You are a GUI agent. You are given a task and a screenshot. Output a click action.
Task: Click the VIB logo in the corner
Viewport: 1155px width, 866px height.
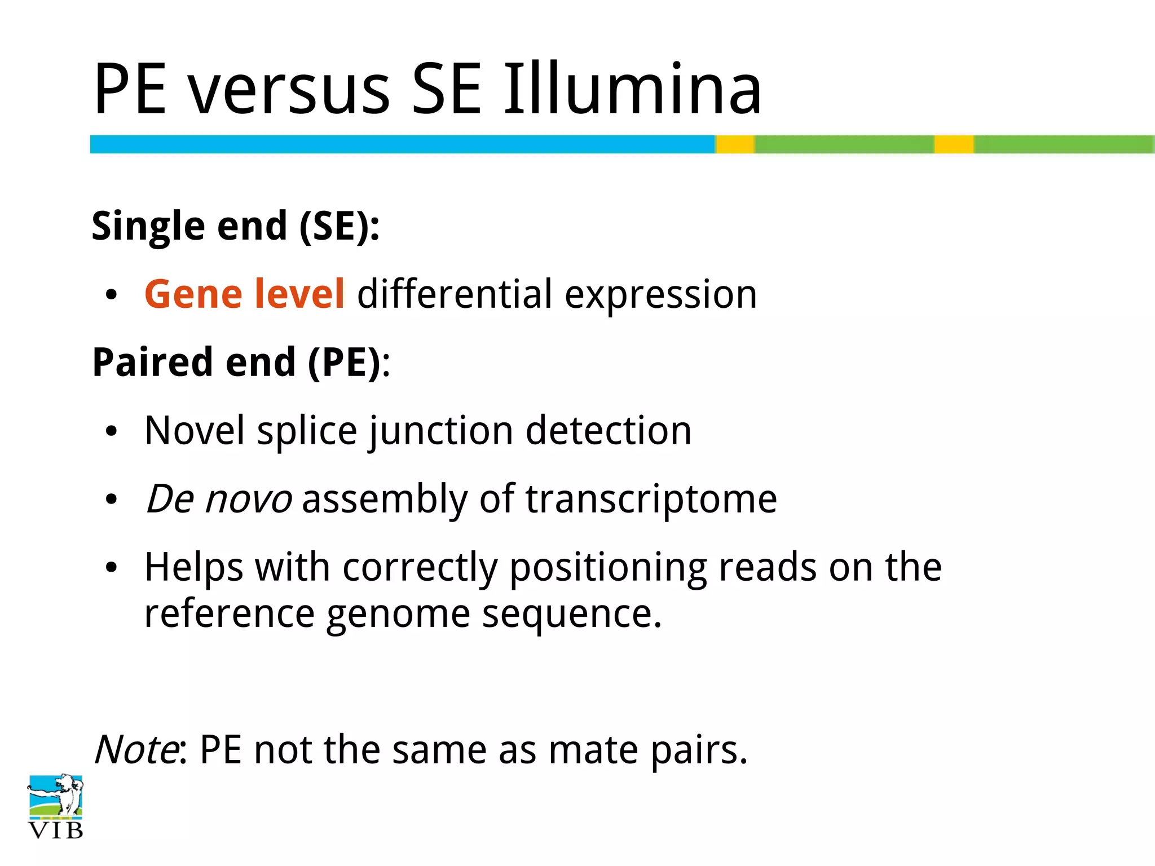pos(55,806)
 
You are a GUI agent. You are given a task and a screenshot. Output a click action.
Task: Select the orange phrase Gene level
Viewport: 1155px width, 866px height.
pos(244,294)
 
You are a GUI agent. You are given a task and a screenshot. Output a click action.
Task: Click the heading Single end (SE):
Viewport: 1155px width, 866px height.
pos(236,226)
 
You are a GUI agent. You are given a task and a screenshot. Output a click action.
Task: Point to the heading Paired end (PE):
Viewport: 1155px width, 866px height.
pos(241,363)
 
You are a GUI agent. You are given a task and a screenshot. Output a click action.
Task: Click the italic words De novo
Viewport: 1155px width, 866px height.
pos(219,500)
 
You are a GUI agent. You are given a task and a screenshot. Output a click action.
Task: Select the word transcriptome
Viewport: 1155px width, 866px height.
pos(651,500)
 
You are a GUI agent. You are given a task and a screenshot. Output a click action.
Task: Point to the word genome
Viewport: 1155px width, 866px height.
pos(398,613)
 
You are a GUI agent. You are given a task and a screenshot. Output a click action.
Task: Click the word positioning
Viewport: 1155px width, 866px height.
pos(607,567)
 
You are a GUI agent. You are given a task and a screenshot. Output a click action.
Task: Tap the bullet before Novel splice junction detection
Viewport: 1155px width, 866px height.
pos(111,432)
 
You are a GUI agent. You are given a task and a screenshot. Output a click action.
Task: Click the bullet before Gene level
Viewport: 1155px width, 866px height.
pos(111,295)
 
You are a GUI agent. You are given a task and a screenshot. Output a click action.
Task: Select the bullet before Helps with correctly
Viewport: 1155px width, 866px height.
pos(111,568)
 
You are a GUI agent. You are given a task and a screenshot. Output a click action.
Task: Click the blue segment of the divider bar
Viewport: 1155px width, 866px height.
pos(402,144)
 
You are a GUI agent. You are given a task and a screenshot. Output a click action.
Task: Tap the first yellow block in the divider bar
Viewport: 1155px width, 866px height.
pos(735,144)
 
